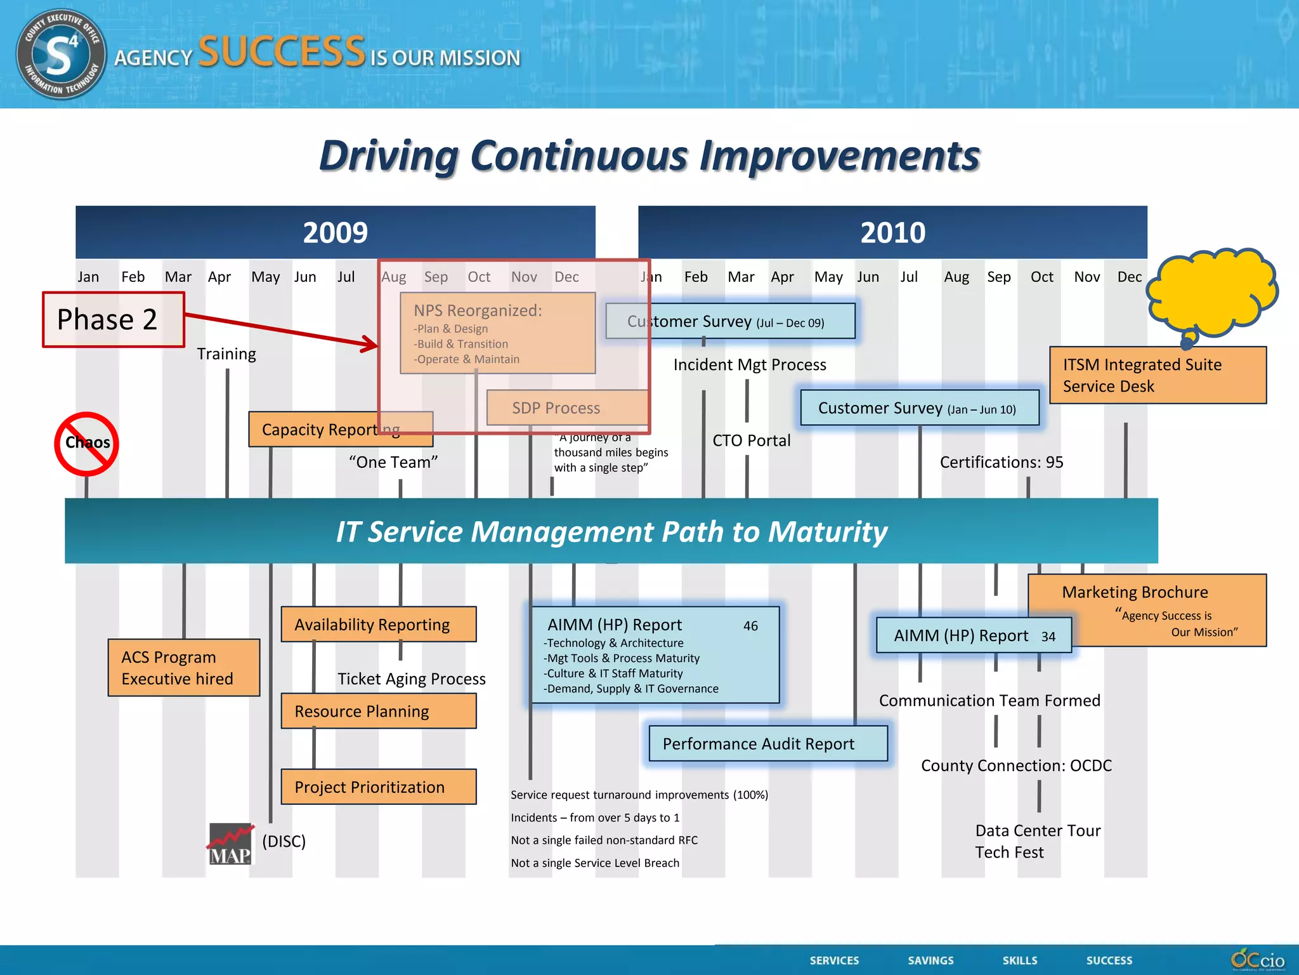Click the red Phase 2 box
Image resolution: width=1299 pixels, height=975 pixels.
(113, 319)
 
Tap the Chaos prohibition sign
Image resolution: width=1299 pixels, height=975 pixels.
(87, 444)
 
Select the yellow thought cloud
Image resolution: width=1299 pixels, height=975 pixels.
(1212, 294)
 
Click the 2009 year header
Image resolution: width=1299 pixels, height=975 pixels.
(335, 232)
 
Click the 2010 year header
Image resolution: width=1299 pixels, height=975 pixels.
(892, 232)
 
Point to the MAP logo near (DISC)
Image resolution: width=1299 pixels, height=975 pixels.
(231, 844)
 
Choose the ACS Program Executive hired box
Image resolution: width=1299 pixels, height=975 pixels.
(184, 668)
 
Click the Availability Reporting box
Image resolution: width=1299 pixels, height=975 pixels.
(379, 625)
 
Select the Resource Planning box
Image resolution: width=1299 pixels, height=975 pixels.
(379, 711)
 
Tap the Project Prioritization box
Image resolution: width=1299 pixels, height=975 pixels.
(379, 787)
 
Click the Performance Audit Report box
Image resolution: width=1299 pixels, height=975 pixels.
(768, 744)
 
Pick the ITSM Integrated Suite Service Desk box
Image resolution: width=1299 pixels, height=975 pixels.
(1158, 375)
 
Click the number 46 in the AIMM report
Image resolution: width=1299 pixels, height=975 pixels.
(750, 627)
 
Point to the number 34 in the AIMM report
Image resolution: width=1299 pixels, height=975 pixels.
(1048, 637)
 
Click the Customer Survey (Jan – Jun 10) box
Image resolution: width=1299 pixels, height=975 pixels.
(920, 408)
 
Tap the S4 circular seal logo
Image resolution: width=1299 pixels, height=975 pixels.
(61, 55)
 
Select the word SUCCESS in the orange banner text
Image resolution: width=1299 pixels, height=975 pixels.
(282, 52)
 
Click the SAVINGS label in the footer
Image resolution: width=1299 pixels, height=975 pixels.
(930, 960)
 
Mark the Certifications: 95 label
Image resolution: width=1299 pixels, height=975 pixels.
(1001, 462)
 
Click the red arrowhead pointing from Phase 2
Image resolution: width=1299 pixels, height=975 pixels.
(370, 345)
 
